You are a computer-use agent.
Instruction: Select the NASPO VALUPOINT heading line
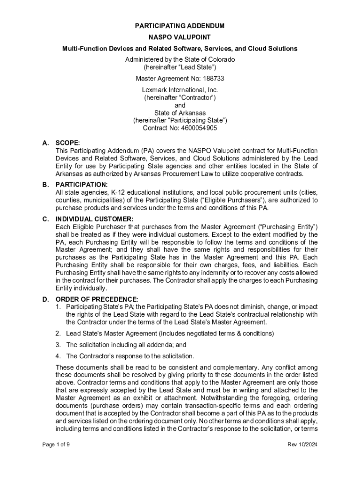tap(180, 37)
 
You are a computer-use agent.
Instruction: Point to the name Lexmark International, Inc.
tap(180, 90)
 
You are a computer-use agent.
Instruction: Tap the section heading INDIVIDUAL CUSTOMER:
tap(94, 219)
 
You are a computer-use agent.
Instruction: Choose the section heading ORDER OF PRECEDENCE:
tap(97, 299)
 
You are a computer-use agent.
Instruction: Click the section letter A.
tap(45, 143)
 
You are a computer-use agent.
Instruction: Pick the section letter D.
tap(45, 299)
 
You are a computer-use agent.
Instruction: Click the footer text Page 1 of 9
tap(56, 444)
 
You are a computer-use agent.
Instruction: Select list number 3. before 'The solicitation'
tap(58, 345)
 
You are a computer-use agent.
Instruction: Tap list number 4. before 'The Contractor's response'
tap(58, 356)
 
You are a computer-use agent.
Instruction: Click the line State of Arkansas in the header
tap(180, 113)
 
